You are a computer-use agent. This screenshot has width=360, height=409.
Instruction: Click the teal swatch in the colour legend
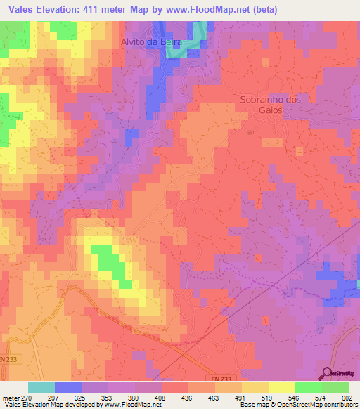click(41, 387)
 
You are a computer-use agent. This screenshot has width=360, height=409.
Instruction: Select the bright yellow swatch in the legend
click(281, 387)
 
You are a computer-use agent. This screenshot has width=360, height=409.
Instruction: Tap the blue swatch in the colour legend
click(68, 387)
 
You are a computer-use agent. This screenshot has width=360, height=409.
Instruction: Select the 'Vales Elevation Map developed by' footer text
click(51, 405)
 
